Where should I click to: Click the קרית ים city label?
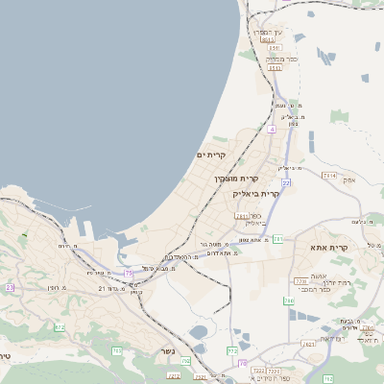click(x=210, y=155)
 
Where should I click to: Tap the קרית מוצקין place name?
click(x=234, y=179)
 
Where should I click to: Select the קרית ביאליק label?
click(x=255, y=193)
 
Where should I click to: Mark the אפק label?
click(x=348, y=180)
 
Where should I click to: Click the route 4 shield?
click(x=272, y=128)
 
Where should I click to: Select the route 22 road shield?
click(x=285, y=181)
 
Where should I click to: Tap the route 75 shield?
click(x=129, y=274)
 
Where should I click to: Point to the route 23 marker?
click(x=11, y=287)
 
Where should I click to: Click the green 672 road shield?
click(x=60, y=327)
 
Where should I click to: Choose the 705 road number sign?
click(x=117, y=351)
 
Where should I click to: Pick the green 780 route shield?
click(x=289, y=300)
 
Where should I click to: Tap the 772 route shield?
click(x=232, y=351)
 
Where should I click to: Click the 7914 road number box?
click(x=329, y=176)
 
